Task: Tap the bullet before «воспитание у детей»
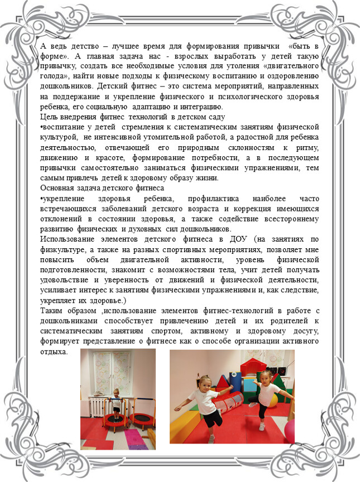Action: (x=43, y=127)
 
